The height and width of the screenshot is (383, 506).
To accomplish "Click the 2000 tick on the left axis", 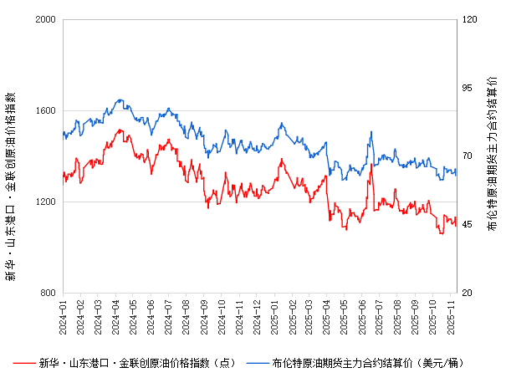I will (44, 19).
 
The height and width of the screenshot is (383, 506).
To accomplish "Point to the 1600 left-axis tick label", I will (44, 110).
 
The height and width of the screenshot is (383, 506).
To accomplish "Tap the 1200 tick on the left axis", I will (44, 202).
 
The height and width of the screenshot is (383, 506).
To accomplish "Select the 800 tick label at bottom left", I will (47, 293).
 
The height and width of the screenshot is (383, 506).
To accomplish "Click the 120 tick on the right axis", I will (469, 19).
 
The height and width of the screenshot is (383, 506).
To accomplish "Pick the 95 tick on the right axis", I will (467, 88).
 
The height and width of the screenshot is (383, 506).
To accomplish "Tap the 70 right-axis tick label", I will (467, 156).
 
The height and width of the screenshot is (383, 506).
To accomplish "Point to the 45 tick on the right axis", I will (467, 224).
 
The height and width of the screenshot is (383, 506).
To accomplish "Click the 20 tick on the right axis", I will (467, 293).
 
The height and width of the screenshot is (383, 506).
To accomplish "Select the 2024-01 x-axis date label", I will (63, 314).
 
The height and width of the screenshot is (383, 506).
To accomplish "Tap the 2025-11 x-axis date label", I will (452, 314).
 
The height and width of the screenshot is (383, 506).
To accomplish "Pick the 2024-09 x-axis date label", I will (204, 314).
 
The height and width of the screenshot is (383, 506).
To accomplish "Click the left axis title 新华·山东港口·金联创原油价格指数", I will (11, 155).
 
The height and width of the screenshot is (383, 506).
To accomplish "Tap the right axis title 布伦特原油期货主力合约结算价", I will (492, 155).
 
